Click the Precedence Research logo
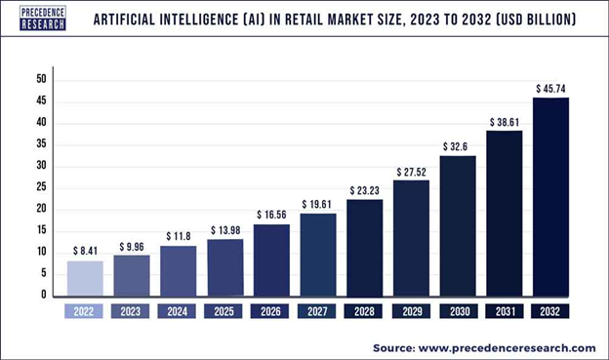click(x=43, y=18)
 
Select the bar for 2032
click(x=550, y=195)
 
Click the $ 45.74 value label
click(x=551, y=89)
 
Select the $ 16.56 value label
click(x=270, y=215)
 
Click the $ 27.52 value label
click(x=411, y=171)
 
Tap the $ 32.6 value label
click(x=457, y=146)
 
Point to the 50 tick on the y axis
click(x=41, y=79)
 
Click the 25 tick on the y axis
click(x=41, y=187)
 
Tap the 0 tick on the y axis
click(x=44, y=295)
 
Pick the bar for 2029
click(x=410, y=237)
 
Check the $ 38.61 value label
click(x=505, y=120)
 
